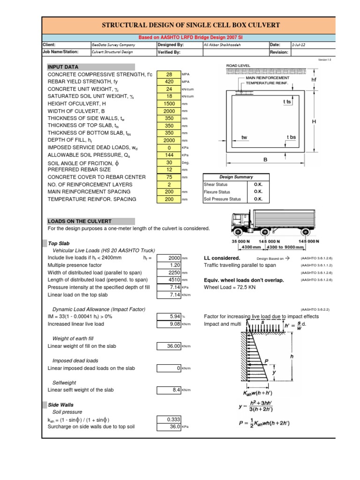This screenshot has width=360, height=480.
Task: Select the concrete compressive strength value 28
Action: point(169,75)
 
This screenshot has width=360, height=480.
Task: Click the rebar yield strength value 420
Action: point(169,82)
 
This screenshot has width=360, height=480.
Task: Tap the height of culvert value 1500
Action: point(169,104)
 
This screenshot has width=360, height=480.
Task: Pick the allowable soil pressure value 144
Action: point(169,155)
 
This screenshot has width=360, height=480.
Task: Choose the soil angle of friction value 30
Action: point(169,163)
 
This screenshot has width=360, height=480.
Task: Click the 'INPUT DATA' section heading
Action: point(63,67)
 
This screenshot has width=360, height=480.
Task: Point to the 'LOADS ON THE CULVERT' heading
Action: point(79,221)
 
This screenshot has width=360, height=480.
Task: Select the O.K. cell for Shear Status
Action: point(258,185)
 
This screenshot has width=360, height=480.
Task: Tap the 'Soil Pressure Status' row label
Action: point(223,199)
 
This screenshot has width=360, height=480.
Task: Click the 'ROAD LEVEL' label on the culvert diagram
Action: point(238,66)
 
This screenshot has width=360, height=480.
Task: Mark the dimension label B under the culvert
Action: point(264,160)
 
